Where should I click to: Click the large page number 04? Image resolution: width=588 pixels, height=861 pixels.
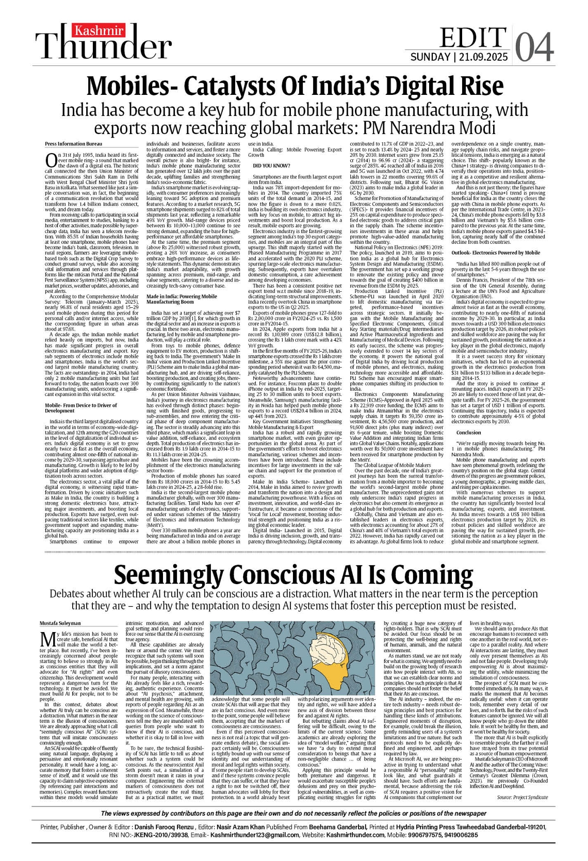[534, 47]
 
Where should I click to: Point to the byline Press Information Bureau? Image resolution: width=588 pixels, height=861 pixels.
[66, 144]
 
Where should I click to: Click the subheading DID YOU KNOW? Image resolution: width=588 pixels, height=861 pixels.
[266, 165]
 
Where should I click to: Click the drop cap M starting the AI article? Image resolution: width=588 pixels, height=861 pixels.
[48, 639]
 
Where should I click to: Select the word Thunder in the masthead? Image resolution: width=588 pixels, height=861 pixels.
[106, 47]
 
